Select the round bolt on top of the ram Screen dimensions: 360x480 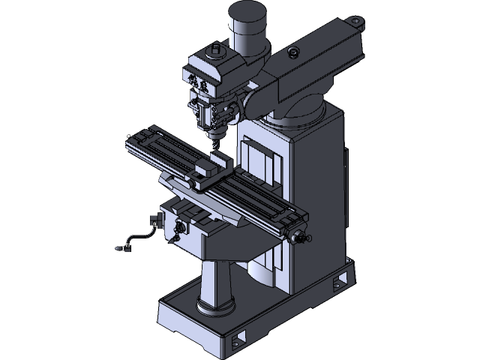pos(292,52)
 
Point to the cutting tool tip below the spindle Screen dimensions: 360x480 pos(216,142)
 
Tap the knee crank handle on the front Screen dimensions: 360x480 pos(179,228)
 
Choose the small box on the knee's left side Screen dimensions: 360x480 pos(155,220)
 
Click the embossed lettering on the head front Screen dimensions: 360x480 pos(199,82)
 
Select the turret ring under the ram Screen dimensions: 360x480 pos(296,115)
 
